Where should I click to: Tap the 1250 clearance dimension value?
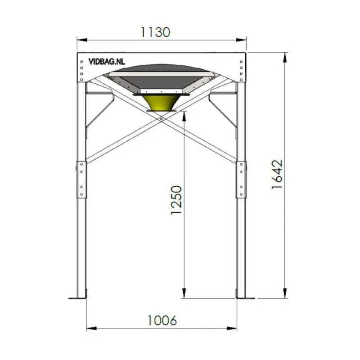click(177, 199)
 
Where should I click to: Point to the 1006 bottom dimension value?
click(162, 320)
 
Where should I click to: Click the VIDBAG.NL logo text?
click(107, 62)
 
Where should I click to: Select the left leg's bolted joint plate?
click(82, 179)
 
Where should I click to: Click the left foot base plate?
click(77, 297)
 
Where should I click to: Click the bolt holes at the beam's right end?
click(242, 67)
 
